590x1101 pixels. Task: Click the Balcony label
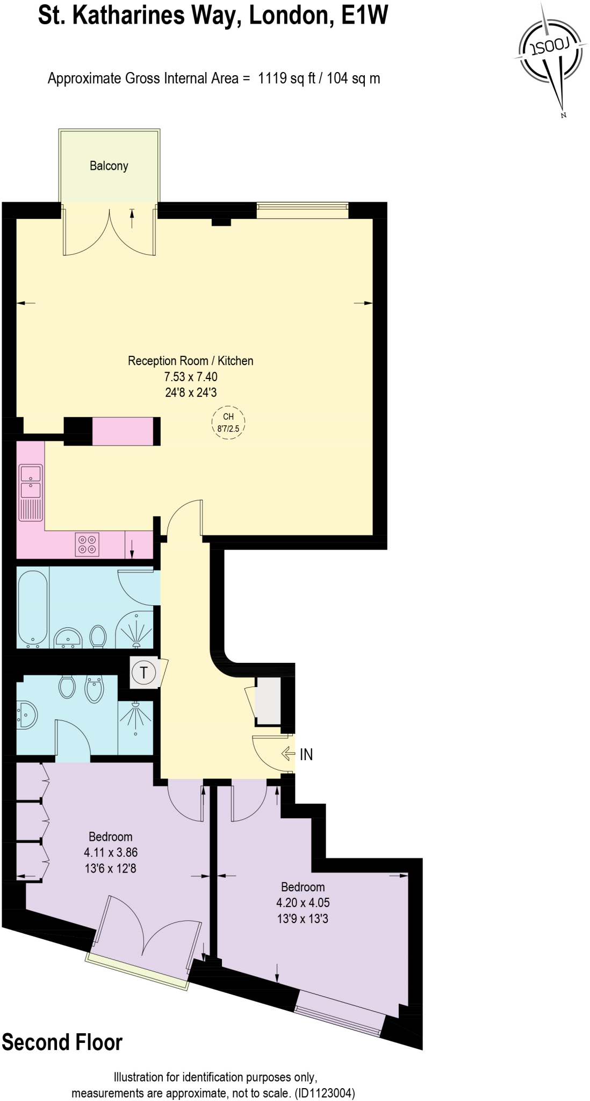(109, 166)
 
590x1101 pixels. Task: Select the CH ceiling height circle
(228, 422)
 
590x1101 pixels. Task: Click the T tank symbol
(143, 673)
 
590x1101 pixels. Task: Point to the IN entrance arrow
(288, 754)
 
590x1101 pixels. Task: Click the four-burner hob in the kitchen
(88, 544)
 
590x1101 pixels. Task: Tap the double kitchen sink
(31, 482)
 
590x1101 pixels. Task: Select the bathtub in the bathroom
(33, 607)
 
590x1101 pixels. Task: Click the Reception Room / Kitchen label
(190, 361)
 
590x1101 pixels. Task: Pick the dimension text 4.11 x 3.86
(111, 852)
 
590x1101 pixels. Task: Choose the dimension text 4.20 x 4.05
(303, 903)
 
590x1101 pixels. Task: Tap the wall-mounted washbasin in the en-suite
(27, 714)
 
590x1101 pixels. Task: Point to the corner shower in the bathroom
(135, 629)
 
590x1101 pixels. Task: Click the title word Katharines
(154, 16)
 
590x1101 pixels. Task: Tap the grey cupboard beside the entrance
(268, 701)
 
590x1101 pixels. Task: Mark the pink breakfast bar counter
(123, 431)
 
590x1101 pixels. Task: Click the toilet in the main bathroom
(98, 636)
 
